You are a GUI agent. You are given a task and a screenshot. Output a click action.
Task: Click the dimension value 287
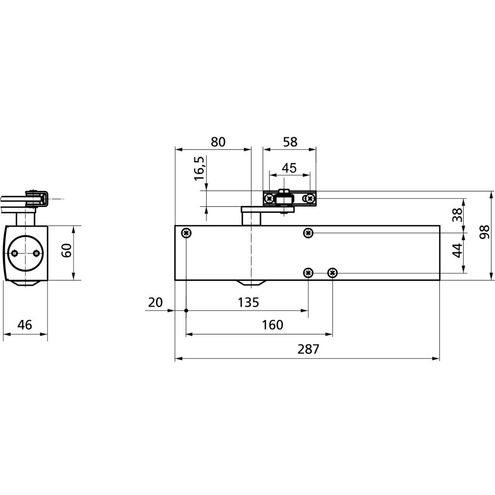pos(308,349)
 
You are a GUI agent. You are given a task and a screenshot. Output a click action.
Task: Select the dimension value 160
pos(273,325)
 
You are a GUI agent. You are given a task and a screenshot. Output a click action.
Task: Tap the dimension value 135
pos(248,303)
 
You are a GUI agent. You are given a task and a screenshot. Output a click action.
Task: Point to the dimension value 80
pos(218,142)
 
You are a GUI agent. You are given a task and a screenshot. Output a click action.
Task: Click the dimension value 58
pos(290,142)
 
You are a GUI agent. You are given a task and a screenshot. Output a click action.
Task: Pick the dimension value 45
pos(289,168)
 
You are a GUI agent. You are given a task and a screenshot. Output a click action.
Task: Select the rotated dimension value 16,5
pos(200,168)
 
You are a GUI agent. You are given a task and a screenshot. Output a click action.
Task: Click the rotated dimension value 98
pos(484,232)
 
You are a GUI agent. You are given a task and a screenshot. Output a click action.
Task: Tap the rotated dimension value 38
pos(457,215)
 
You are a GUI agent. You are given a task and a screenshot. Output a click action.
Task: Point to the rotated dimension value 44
pos(457,251)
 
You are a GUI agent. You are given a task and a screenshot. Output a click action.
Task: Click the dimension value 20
pos(155,303)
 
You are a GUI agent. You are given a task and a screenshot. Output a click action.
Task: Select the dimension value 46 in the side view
pos(25,324)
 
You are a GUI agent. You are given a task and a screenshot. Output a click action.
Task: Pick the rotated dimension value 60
pos(67,250)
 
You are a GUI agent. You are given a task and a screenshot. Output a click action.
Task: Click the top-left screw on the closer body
pos(187,233)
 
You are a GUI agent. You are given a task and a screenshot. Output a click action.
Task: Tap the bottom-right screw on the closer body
pos(333,273)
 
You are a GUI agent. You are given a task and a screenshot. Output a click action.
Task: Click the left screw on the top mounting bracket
pos(269,199)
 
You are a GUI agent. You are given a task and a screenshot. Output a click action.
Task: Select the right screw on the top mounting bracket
pos(310,199)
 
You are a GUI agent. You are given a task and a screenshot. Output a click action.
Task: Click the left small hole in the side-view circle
pos(14,253)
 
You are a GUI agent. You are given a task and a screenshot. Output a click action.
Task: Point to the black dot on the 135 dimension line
pos(186,311)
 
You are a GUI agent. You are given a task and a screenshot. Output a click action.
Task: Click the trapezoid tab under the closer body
pos(251,283)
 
